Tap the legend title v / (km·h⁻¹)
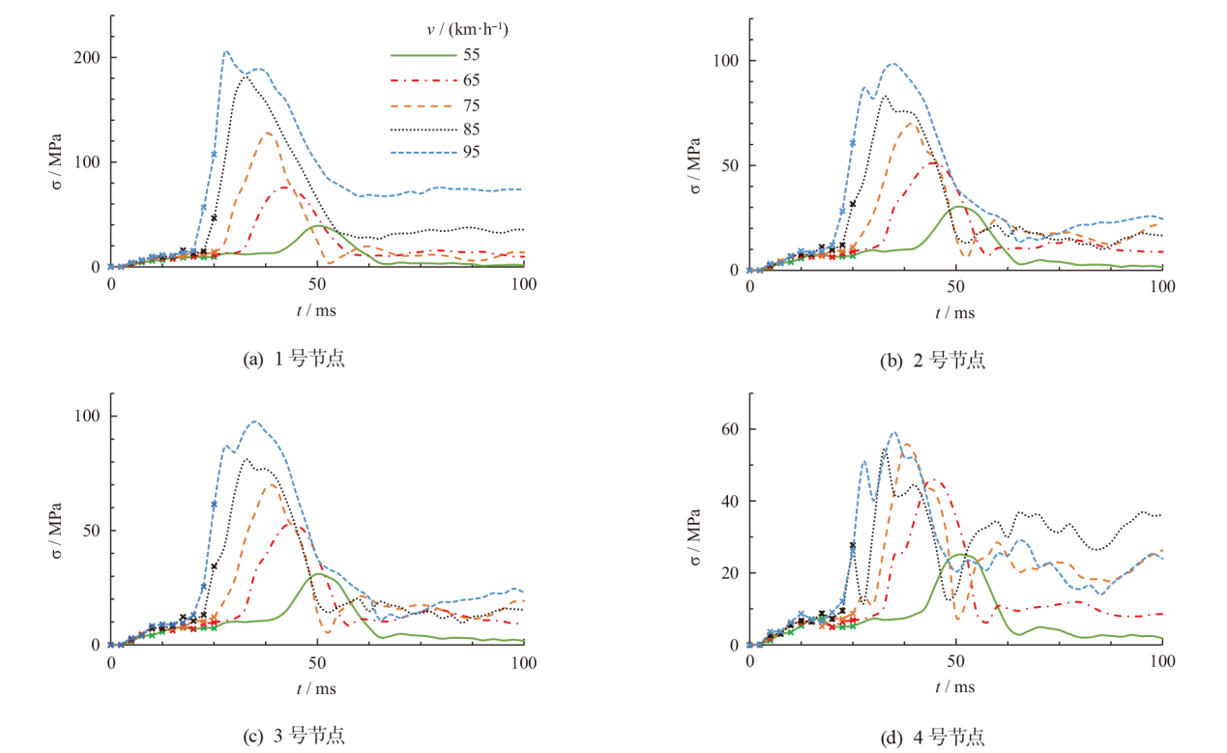(468, 30)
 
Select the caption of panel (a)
(294, 360)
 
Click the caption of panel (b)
(933, 361)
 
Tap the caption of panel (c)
(294, 736)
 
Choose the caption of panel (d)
(933, 738)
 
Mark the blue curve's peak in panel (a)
(226, 52)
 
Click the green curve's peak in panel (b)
(957, 206)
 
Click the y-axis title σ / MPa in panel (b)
(695, 165)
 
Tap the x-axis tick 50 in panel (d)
(955, 663)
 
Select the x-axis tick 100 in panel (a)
(523, 286)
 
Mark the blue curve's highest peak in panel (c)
(255, 420)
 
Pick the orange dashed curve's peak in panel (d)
(907, 444)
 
